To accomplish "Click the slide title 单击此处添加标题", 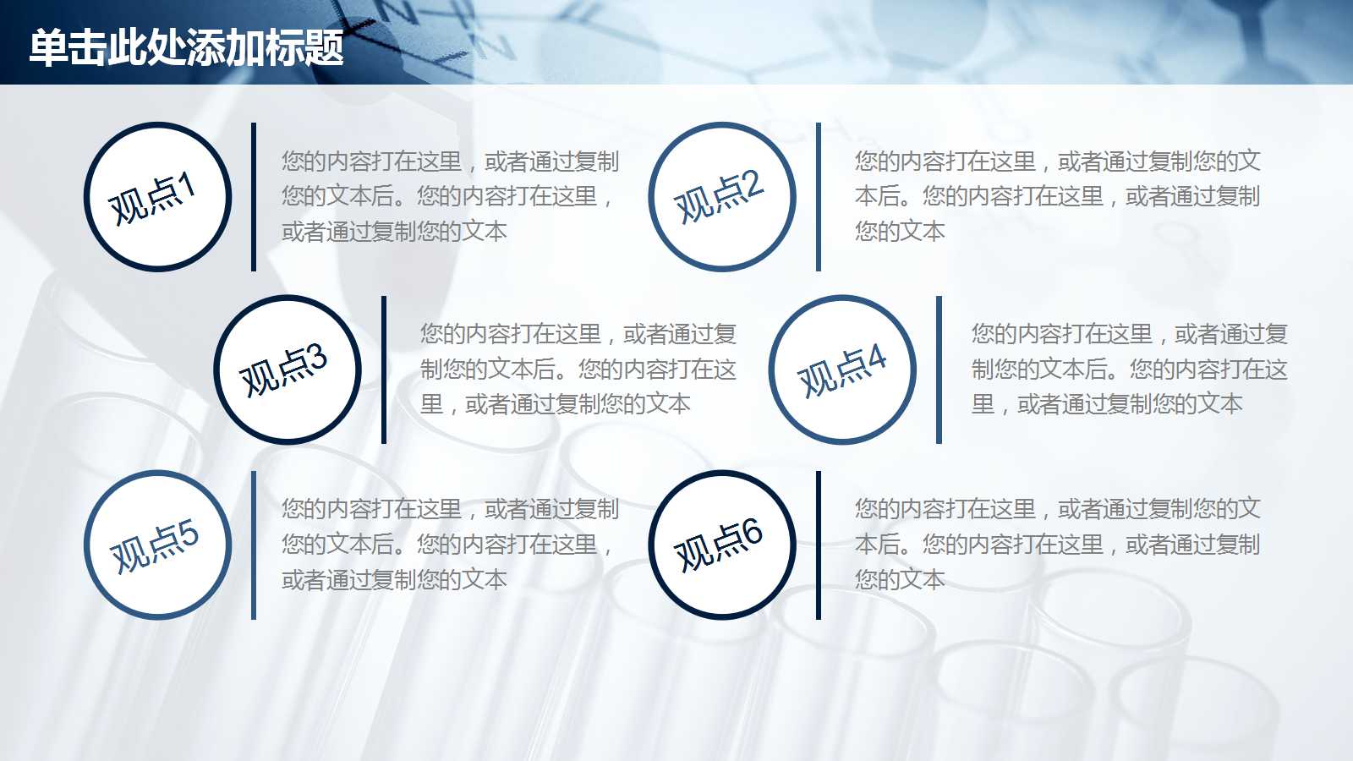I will (x=186, y=47).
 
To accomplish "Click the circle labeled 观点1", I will (x=157, y=197).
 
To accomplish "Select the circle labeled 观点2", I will (x=722, y=197).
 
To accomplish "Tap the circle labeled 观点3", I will (x=288, y=370).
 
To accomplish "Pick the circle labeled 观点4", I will (x=842, y=370).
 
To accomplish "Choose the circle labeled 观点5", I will (x=157, y=545).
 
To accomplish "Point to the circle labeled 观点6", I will (x=722, y=545).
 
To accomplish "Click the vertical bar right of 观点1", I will (x=254, y=197).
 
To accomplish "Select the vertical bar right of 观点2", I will (x=819, y=197).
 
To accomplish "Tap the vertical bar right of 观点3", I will (x=384, y=370).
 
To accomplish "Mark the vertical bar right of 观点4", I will (x=939, y=370).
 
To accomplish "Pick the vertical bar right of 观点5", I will (x=254, y=545).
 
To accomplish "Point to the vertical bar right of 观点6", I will (x=819, y=545).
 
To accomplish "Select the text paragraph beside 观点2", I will (x=1057, y=196).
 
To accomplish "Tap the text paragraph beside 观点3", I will (x=578, y=370).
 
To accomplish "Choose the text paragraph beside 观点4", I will (x=1130, y=370).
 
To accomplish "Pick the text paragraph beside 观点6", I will (x=1057, y=545).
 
